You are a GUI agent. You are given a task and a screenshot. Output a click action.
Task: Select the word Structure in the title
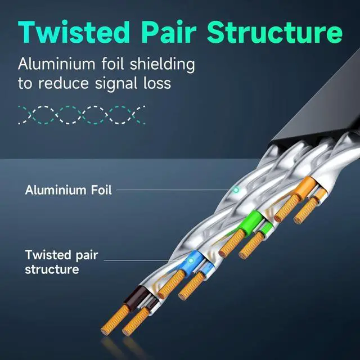[x=274, y=31]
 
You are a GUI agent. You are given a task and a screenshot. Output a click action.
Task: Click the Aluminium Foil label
[x=68, y=190]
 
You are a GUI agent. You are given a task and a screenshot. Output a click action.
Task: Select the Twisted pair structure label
[x=61, y=262]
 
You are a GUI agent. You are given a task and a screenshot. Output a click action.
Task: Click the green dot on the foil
[x=236, y=190]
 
